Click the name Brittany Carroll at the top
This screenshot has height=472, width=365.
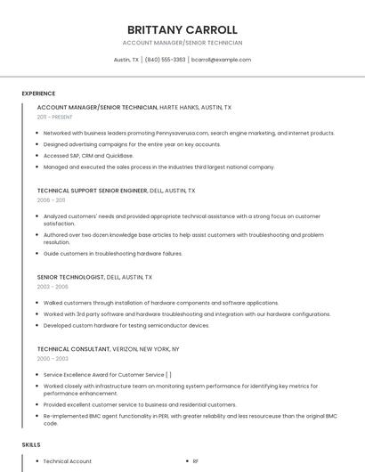(182, 29)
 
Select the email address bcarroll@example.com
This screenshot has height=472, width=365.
(222, 60)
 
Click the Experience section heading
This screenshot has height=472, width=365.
(38, 94)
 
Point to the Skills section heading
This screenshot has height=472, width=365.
(31, 444)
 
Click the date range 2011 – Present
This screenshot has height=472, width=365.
(54, 117)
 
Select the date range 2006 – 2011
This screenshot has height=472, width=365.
(51, 200)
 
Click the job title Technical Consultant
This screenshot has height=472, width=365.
(74, 349)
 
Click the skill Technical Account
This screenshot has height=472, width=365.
(68, 461)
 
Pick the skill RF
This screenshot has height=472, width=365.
(196, 461)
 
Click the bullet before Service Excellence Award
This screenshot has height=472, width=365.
(36, 375)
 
